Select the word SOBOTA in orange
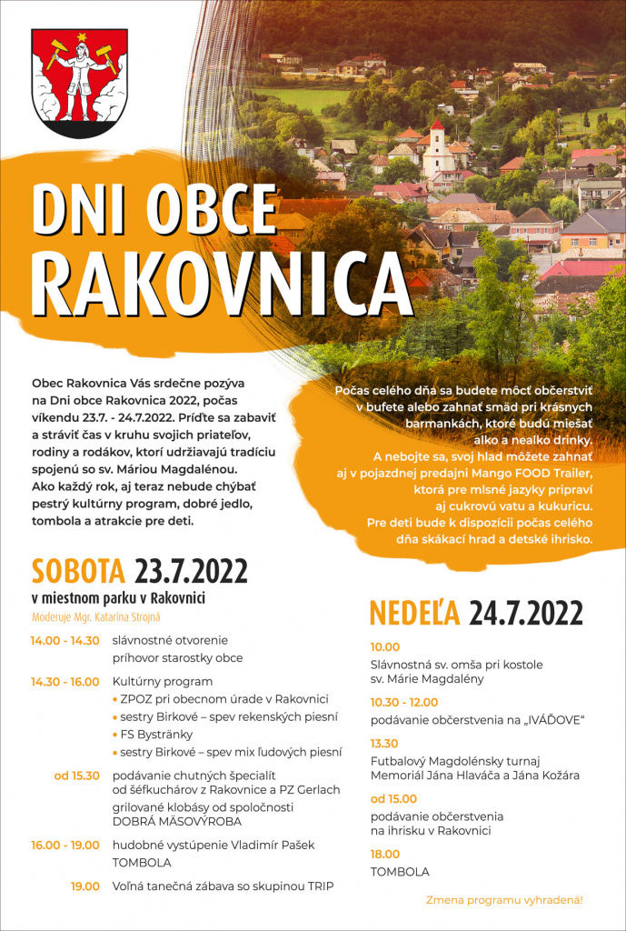78,571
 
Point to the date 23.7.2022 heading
191,571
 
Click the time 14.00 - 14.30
65,640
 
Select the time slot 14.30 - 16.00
65,681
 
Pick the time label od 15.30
76,775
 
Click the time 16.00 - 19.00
65,845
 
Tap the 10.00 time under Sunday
385,646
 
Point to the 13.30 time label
385,743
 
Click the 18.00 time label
385,854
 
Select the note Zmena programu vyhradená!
504,899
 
